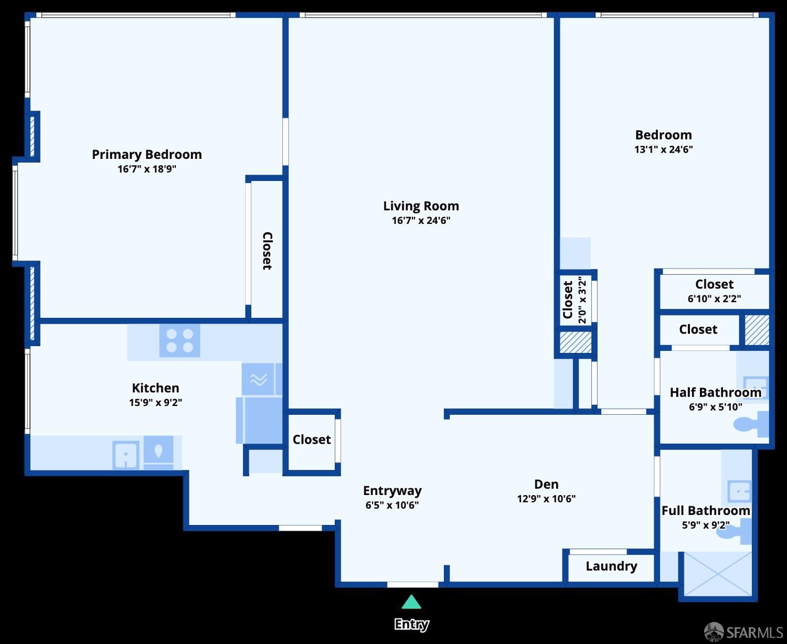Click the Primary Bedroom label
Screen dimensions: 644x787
[146, 154]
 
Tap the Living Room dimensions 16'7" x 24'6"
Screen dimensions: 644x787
[421, 220]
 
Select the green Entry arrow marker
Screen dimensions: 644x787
[411, 602]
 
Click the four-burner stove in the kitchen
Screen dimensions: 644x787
[179, 340]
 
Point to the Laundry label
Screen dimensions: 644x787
[611, 566]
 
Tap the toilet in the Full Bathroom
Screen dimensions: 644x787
[740, 531]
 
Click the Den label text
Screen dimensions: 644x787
[546, 484]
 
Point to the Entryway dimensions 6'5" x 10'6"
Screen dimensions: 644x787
[392, 505]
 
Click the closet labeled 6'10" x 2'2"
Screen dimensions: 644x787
[714, 291]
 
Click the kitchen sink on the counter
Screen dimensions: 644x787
[126, 454]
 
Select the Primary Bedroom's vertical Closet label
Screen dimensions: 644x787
[267, 251]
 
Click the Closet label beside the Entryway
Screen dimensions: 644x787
[312, 439]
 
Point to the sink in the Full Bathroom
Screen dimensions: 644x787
[739, 491]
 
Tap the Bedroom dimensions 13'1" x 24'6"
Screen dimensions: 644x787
[663, 149]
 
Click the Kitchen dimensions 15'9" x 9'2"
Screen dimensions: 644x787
[155, 402]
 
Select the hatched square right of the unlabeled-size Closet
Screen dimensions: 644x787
[757, 330]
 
